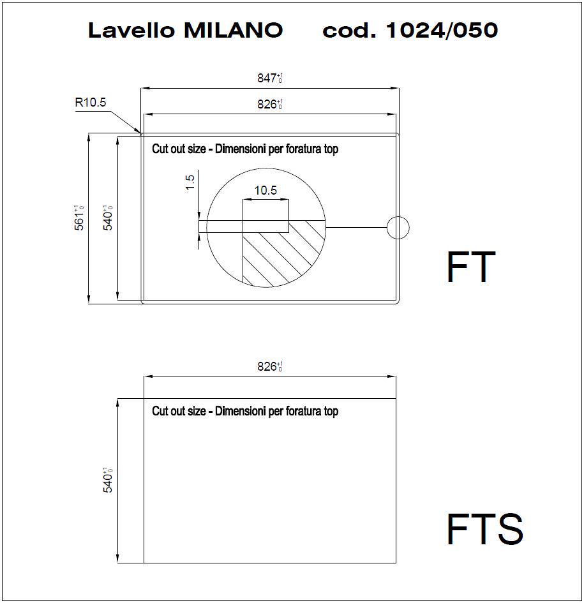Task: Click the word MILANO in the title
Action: tap(234, 30)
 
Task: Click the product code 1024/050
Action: tap(442, 30)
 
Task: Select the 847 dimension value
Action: tap(270, 78)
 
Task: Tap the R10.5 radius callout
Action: tap(91, 102)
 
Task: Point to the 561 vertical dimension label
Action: tap(79, 218)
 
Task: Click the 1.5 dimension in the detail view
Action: tap(190, 182)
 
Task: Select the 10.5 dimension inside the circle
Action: tap(266, 190)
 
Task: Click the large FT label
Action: tap(471, 267)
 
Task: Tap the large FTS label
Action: tap(484, 529)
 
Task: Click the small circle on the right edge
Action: tap(398, 216)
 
